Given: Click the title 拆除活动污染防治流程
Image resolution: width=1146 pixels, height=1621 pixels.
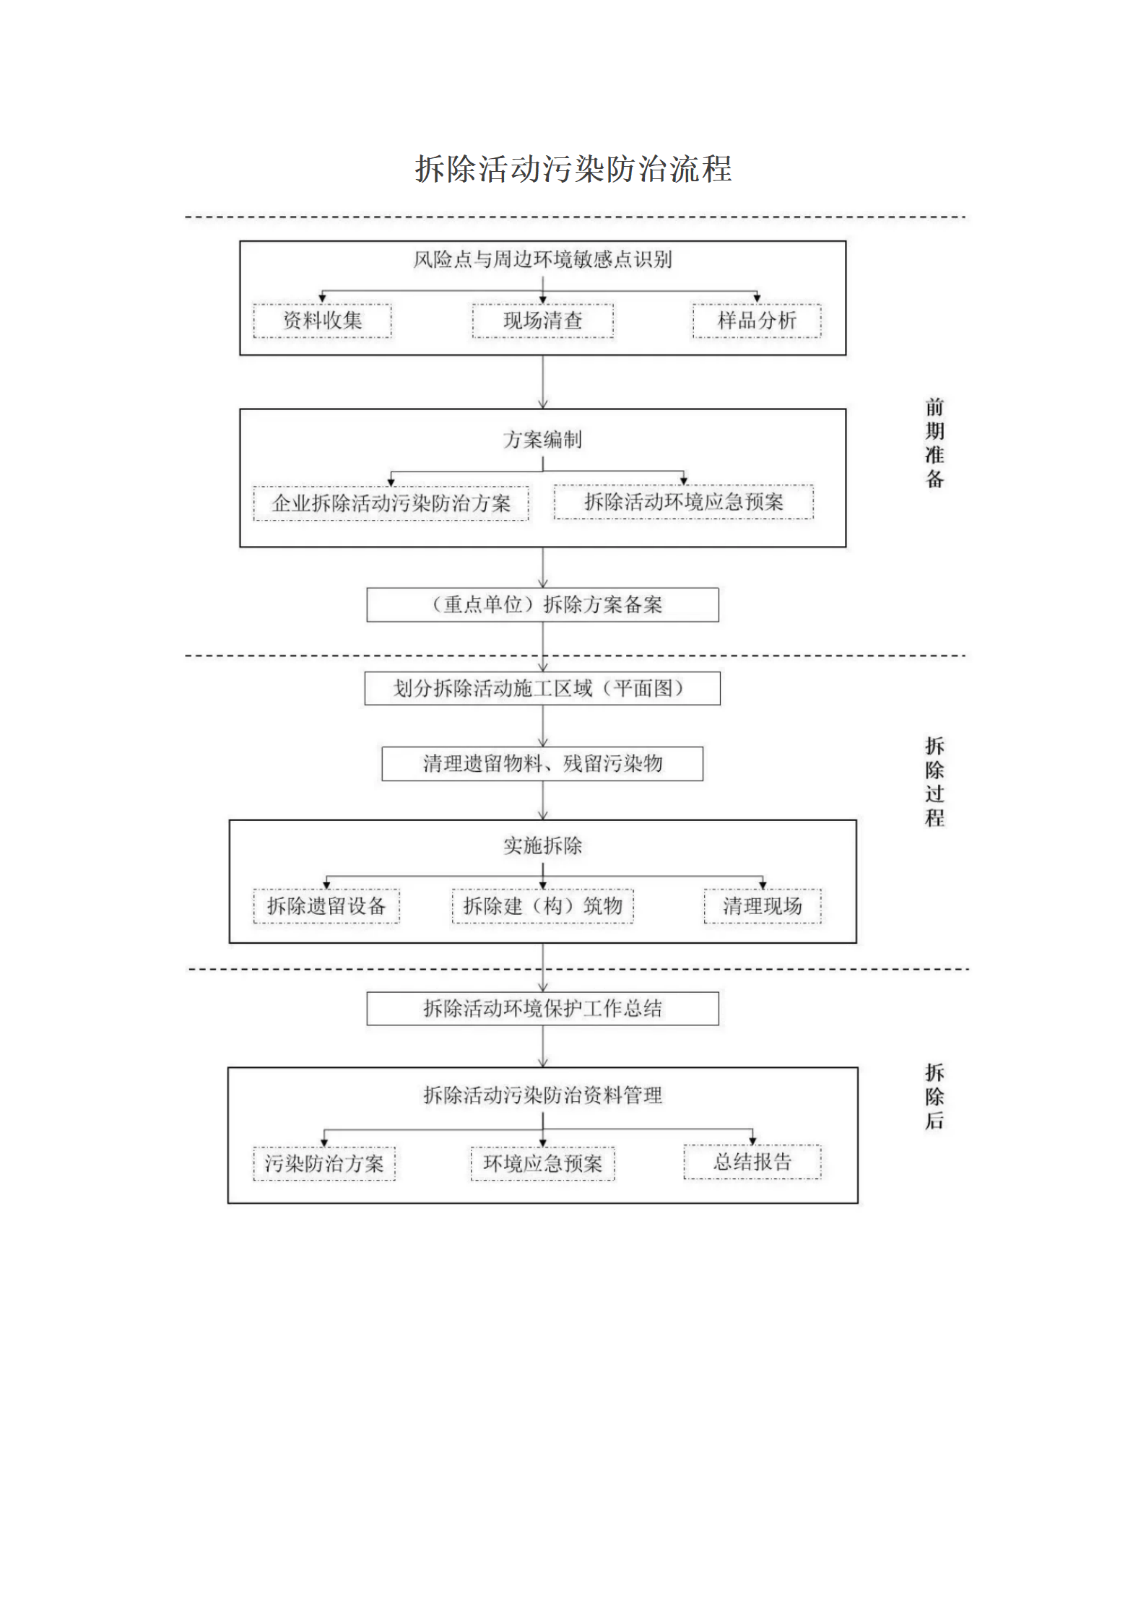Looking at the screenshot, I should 573,169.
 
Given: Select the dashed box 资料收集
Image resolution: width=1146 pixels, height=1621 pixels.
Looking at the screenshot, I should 322,321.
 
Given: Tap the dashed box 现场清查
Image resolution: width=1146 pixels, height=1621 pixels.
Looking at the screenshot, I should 542,321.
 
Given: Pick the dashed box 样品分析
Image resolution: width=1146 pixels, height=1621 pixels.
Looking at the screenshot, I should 756,321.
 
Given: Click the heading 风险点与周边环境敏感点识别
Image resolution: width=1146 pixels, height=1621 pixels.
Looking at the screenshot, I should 542,259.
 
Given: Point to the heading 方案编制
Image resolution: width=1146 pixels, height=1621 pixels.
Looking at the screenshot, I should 542,439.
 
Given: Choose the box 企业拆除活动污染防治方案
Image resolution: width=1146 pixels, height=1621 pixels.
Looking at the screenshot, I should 391,503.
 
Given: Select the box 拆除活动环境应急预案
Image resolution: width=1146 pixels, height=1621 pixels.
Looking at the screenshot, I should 683,502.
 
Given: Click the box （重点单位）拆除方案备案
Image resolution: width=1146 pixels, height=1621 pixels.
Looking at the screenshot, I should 542,604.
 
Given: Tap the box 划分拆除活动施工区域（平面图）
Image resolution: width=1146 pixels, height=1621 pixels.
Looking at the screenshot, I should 542,688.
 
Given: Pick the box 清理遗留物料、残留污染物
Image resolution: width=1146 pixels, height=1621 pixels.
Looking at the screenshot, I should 542,763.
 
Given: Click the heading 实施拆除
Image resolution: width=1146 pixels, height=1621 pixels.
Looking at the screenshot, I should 542,846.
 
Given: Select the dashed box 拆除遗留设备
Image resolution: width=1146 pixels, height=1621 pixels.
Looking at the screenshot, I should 326,906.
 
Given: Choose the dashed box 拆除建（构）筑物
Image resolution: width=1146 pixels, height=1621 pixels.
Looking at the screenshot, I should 542,906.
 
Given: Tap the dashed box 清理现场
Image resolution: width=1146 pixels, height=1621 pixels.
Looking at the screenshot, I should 763,906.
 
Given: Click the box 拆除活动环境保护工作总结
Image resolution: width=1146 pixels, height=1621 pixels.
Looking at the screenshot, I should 542,1008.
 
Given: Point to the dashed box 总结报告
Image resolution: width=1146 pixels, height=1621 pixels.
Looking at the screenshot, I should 752,1162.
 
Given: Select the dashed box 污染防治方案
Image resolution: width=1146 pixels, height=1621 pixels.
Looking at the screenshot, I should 324,1163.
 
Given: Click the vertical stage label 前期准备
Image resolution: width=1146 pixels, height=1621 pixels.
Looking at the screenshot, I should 934,443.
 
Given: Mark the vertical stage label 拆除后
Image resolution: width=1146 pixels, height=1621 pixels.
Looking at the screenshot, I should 934,1096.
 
